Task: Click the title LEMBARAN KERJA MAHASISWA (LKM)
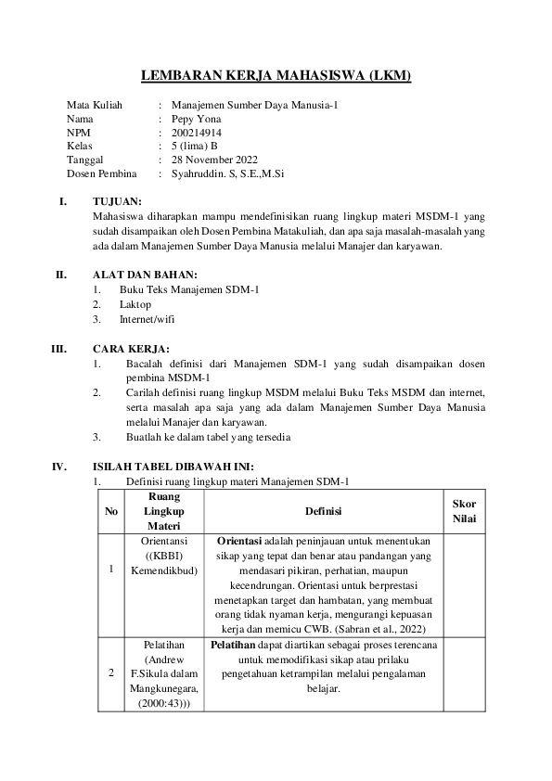click(x=276, y=76)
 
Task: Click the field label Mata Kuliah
click(x=95, y=106)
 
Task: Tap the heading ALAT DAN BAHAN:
click(x=145, y=275)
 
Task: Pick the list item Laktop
click(x=135, y=303)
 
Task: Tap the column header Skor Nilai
click(x=464, y=511)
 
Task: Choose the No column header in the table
click(x=111, y=511)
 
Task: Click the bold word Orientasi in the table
click(x=240, y=540)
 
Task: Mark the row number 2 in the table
click(x=111, y=672)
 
